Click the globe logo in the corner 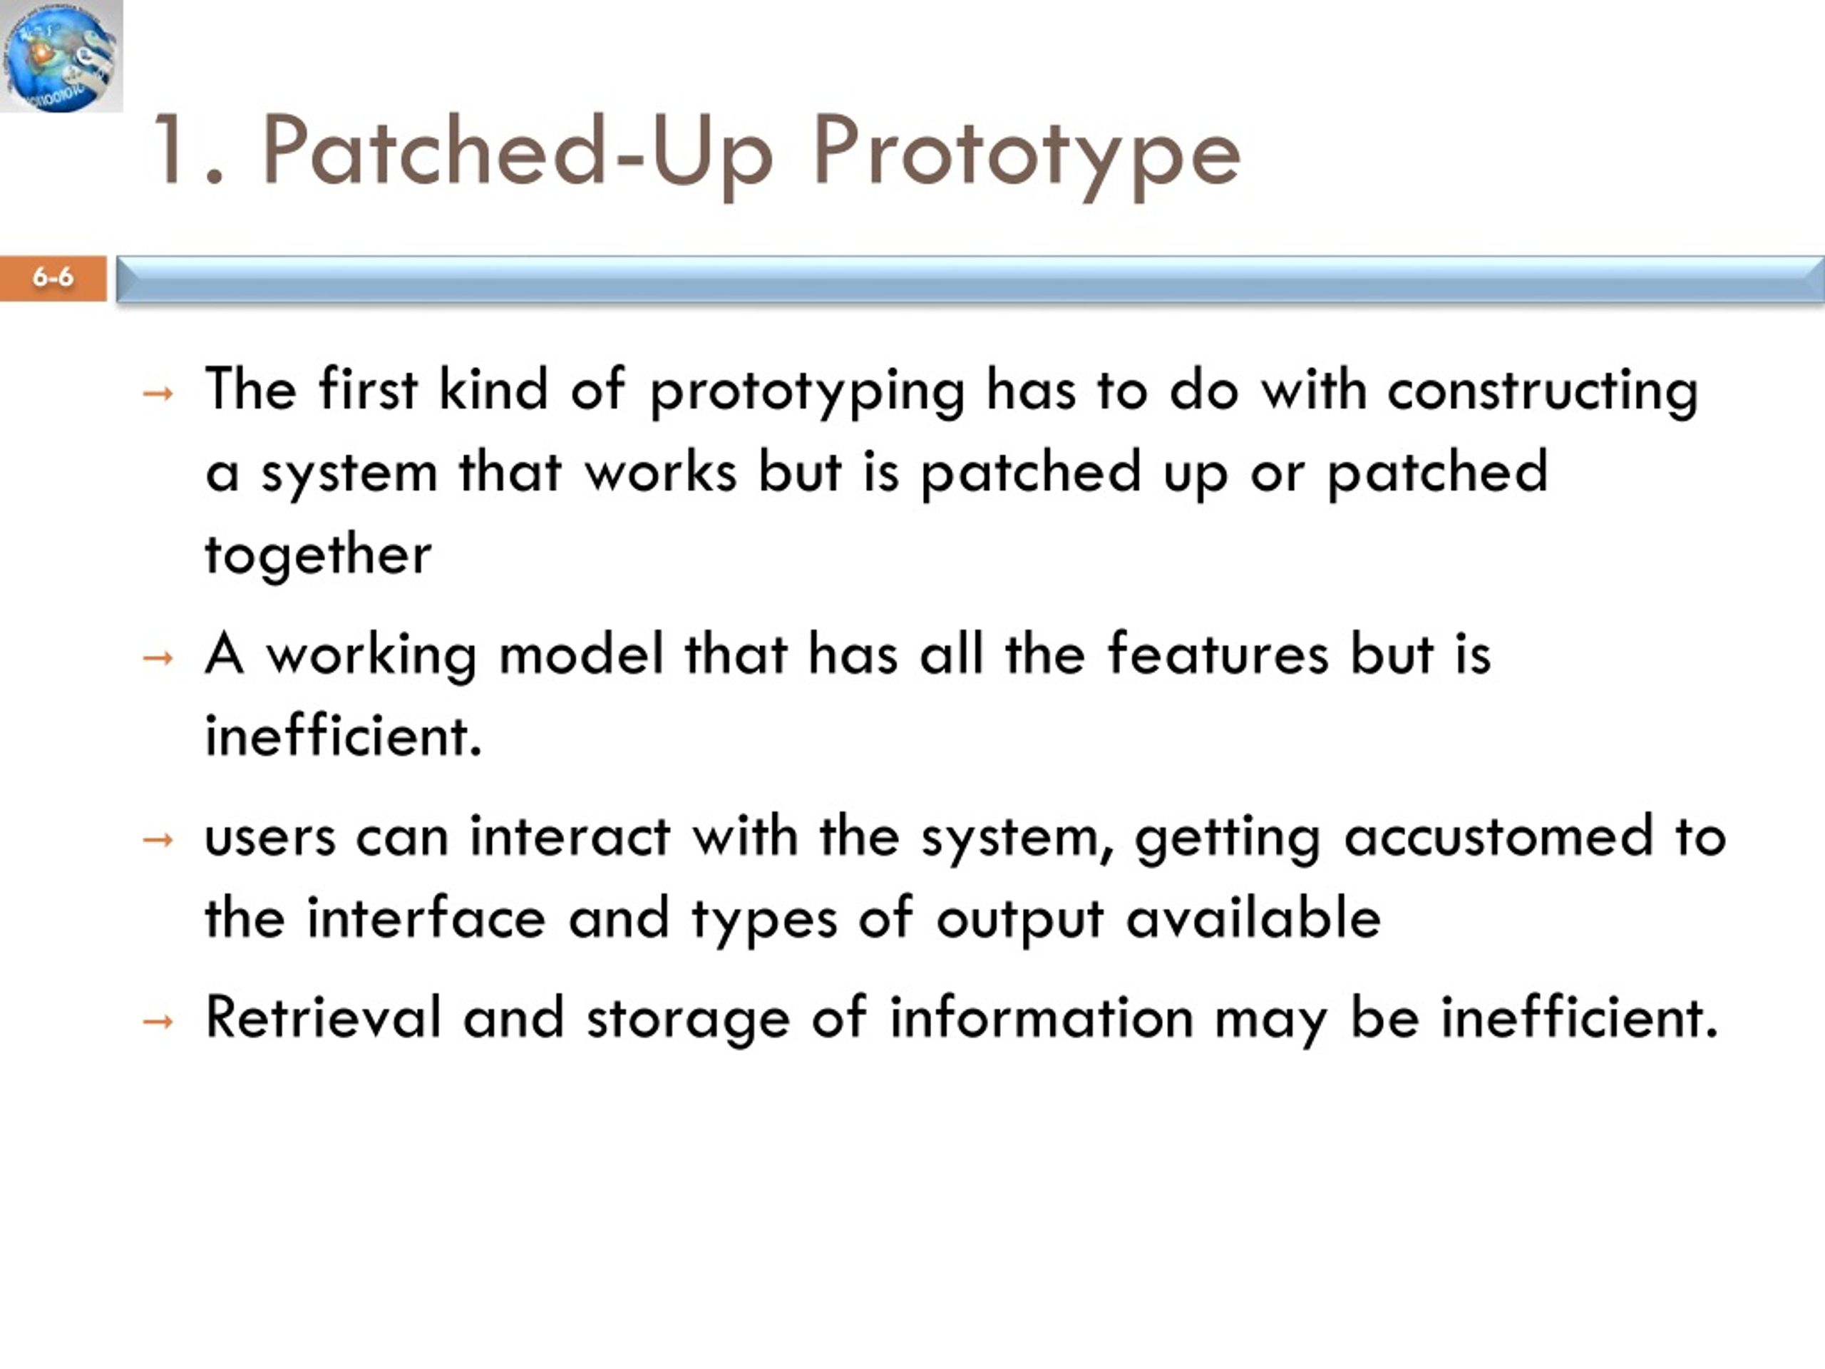pyautogui.click(x=61, y=56)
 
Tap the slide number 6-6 pyautogui.click(x=53, y=277)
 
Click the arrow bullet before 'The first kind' pyautogui.click(x=158, y=394)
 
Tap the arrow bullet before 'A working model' pyautogui.click(x=158, y=659)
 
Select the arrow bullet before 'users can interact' pyautogui.click(x=158, y=840)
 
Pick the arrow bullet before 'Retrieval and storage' pyautogui.click(x=158, y=1022)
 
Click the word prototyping pyautogui.click(x=808, y=392)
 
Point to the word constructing pyautogui.click(x=1542, y=392)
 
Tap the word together pyautogui.click(x=319, y=555)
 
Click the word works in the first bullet pyautogui.click(x=660, y=473)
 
